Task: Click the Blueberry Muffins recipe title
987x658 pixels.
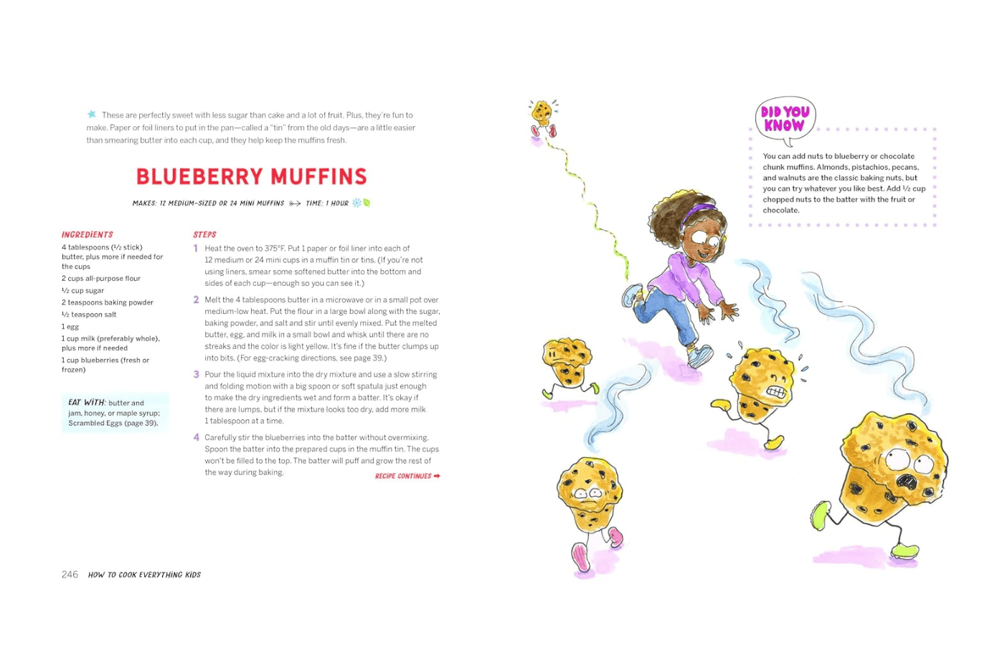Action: click(251, 176)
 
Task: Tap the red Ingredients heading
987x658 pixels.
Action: click(87, 234)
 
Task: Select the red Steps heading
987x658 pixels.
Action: click(204, 234)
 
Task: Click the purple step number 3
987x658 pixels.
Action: click(196, 374)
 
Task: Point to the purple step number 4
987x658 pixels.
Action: click(196, 437)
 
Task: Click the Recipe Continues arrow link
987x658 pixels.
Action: click(407, 476)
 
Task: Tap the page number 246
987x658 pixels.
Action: click(70, 574)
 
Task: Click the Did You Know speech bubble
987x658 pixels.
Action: click(785, 119)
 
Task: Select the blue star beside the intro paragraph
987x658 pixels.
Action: click(92, 114)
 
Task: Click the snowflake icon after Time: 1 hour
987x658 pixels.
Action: click(356, 203)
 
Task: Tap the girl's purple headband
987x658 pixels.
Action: click(698, 213)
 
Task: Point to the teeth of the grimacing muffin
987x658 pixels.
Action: click(777, 391)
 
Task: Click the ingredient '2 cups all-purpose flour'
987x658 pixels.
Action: click(100, 278)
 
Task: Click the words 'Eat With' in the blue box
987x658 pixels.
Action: click(86, 402)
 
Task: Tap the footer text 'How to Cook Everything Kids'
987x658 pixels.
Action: click(144, 575)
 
